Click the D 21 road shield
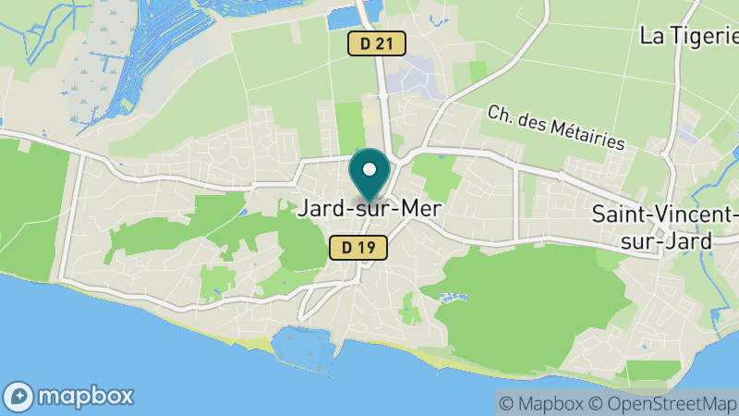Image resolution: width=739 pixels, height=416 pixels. (377, 43)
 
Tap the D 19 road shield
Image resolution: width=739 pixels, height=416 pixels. (357, 247)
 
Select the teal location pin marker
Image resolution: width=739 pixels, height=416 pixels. (369, 176)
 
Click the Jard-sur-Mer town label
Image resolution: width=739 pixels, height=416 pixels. (369, 209)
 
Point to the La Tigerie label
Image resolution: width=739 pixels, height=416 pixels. (688, 36)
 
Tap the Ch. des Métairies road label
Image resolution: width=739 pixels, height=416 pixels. (556, 128)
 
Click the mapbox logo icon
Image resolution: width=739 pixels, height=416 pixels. (18, 397)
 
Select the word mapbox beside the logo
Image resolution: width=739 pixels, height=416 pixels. (84, 397)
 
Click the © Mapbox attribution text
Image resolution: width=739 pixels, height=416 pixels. (540, 403)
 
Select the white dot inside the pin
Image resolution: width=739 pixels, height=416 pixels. (369, 169)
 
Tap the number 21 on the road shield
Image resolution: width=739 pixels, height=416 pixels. (385, 43)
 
